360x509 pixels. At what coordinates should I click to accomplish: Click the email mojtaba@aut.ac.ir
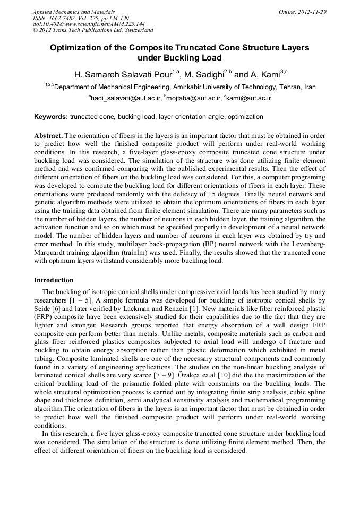click(191, 98)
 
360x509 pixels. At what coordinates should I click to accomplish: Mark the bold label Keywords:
click(51, 116)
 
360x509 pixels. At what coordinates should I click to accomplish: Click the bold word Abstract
click(48, 136)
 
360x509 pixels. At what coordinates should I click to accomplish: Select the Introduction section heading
click(54, 280)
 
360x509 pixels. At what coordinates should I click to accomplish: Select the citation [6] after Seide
click(53, 308)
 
